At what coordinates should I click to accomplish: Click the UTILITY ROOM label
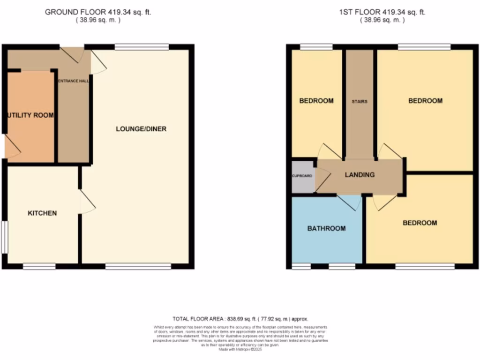[x=30, y=115]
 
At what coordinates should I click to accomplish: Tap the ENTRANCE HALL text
[x=73, y=81]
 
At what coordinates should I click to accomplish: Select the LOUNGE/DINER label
[x=141, y=129]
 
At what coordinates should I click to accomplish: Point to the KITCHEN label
[x=42, y=213]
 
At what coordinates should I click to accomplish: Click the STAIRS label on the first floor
[x=360, y=101]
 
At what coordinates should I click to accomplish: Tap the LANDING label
[x=360, y=175]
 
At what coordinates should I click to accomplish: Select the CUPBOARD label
[x=303, y=176]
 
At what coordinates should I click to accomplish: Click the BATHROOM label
[x=326, y=229]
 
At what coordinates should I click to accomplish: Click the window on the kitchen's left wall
[x=4, y=237]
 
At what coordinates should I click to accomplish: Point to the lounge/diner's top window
[x=142, y=47]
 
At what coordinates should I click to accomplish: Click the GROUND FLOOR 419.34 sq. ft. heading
[x=97, y=12]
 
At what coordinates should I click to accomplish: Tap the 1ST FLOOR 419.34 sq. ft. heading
[x=382, y=12]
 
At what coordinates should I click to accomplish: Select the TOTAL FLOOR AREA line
[x=240, y=318]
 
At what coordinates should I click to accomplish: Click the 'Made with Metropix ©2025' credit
[x=240, y=349]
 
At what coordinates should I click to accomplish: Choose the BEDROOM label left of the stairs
[x=316, y=101]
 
